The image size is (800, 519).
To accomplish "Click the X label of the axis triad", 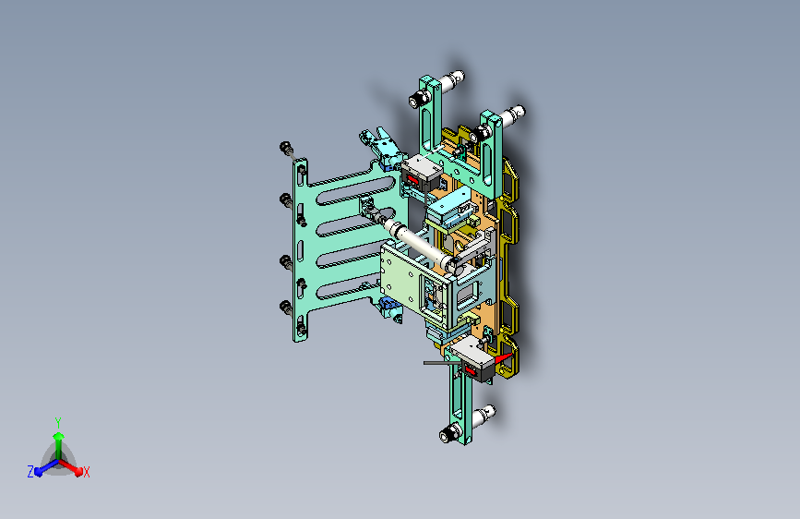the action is (x=86, y=473).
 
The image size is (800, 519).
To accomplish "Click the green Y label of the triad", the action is (x=58, y=423).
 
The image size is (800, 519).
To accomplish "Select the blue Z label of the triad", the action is (x=30, y=472).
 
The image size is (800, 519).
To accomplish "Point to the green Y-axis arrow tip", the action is (x=59, y=436).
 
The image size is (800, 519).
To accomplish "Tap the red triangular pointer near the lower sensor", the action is (x=504, y=358).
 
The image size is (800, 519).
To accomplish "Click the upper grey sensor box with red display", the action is (x=421, y=173).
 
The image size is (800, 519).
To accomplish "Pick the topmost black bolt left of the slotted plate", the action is (x=287, y=149).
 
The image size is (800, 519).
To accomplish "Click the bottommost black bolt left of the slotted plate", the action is (x=286, y=308).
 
